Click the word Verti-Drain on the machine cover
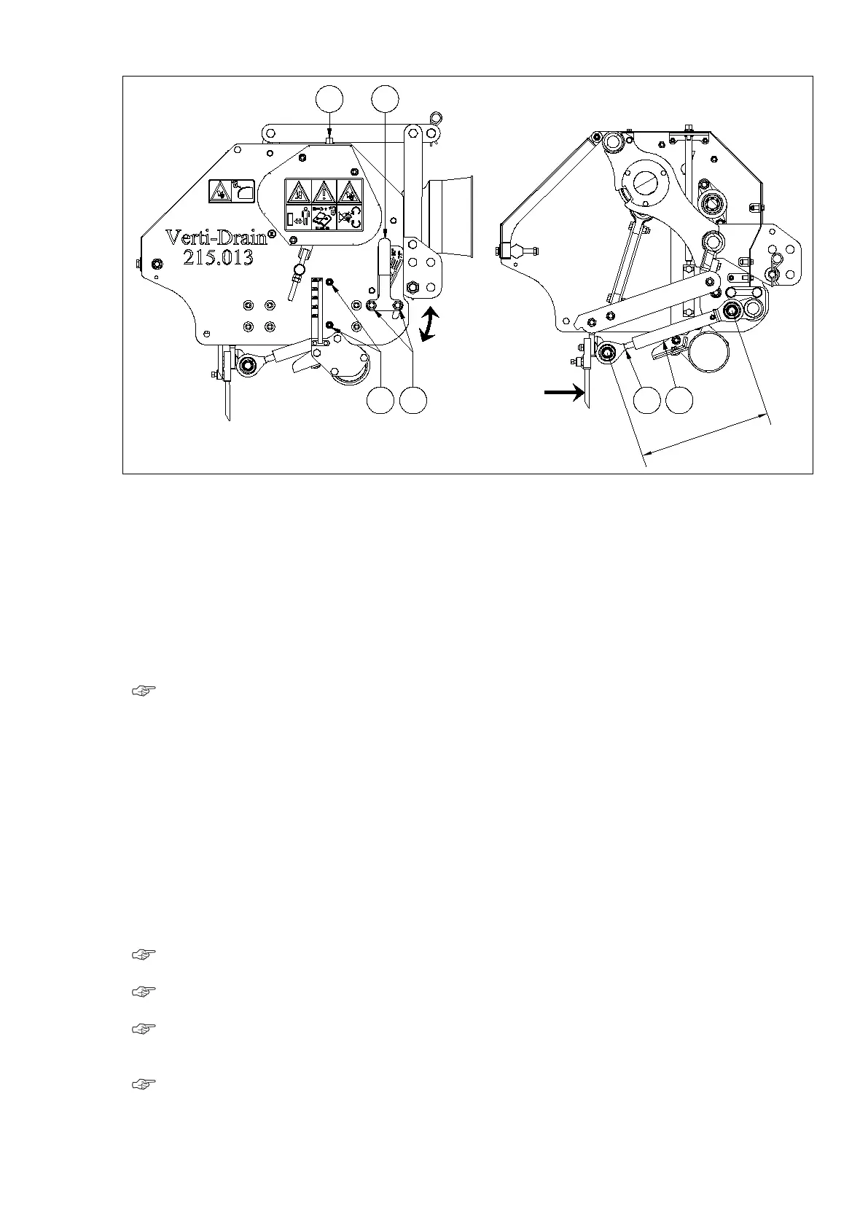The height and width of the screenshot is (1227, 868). (x=216, y=238)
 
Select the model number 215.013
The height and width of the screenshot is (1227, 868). (x=218, y=257)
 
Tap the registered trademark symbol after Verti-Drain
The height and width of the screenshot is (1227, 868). (x=271, y=233)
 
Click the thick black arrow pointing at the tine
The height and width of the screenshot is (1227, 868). (x=565, y=393)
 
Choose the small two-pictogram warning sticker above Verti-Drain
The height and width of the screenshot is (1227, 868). (x=230, y=192)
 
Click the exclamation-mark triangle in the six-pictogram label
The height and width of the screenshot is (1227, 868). (x=324, y=192)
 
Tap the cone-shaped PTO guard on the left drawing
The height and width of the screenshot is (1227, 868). (x=450, y=219)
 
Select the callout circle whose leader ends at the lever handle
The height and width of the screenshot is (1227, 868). (x=385, y=99)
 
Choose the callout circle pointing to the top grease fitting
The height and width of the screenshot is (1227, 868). (x=329, y=99)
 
